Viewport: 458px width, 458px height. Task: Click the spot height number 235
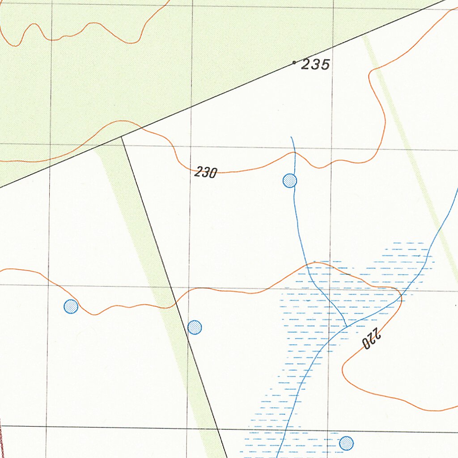click(315, 65)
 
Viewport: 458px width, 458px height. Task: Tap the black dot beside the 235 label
click(294, 62)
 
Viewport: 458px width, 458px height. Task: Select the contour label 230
click(206, 172)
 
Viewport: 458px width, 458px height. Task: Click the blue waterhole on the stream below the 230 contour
click(290, 181)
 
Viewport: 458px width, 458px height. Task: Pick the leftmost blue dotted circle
click(71, 306)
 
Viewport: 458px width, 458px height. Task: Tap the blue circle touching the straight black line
click(195, 327)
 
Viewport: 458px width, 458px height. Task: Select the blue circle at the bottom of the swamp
click(346, 443)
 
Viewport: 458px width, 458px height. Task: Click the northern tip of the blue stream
click(291, 137)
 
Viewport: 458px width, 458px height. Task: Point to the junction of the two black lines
click(121, 137)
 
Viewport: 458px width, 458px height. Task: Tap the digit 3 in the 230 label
click(205, 172)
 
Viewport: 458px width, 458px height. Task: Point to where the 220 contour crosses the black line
click(175, 303)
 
